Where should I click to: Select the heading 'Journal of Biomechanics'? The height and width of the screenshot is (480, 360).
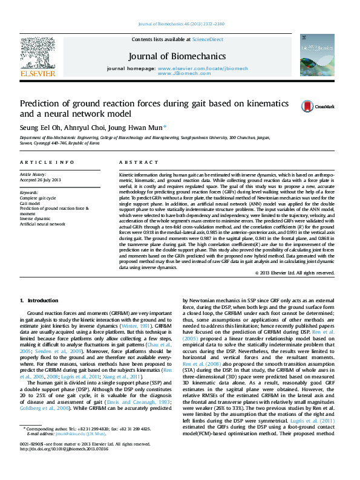tap(177, 56)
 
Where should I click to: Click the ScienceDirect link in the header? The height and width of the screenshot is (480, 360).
tap(207, 39)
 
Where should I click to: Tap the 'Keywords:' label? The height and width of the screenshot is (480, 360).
tap(31, 192)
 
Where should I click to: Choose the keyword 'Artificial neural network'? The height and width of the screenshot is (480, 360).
tap(42, 224)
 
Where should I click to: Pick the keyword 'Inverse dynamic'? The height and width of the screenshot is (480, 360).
tap(36, 218)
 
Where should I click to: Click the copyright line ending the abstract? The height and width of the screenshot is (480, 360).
tap(294, 273)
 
